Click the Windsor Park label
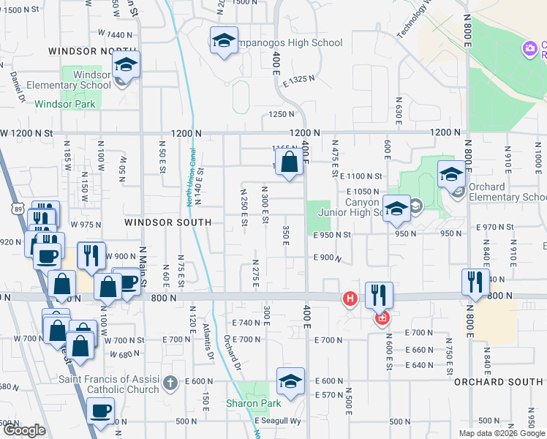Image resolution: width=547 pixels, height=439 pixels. click(64, 105)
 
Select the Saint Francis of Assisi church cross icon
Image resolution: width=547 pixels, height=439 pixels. click(170, 382)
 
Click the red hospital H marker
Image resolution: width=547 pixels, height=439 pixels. click(350, 299)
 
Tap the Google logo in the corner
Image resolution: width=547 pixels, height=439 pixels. click(24, 430)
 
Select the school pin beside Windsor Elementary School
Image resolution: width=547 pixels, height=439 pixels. click(126, 64)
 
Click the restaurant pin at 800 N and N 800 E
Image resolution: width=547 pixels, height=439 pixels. click(475, 281)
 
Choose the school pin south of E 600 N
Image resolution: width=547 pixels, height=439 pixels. click(290, 380)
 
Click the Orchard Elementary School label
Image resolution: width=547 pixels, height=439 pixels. click(504, 192)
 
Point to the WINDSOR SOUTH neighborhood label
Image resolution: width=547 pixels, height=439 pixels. click(167, 222)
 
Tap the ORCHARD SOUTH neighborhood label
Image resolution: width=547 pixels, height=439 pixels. click(498, 382)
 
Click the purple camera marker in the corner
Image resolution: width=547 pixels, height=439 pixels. click(529, 49)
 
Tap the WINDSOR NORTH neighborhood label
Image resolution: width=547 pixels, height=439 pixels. click(82, 51)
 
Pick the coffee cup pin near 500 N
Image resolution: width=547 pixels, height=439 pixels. click(101, 410)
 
